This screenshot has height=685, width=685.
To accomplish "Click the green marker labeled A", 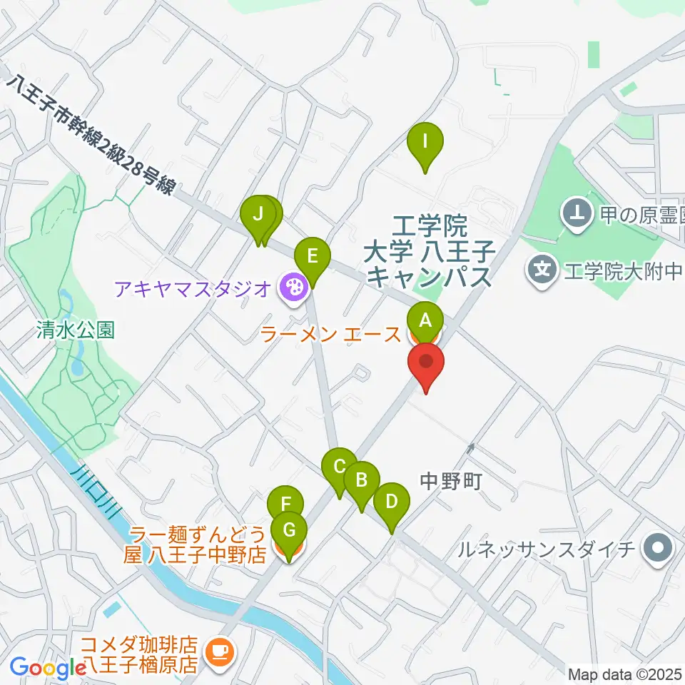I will (425, 319).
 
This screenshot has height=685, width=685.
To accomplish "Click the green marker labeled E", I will (313, 256).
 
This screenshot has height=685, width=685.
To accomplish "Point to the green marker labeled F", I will (285, 504).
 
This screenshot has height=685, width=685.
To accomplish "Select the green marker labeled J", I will (258, 214).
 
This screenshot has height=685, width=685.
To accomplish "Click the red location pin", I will (427, 362).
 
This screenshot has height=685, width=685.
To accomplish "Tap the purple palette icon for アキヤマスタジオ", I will (293, 288).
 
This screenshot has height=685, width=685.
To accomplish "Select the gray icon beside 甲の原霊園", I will (574, 211).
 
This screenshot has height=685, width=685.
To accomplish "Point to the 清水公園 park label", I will (76, 330).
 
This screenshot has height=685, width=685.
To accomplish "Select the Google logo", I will (48, 667).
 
